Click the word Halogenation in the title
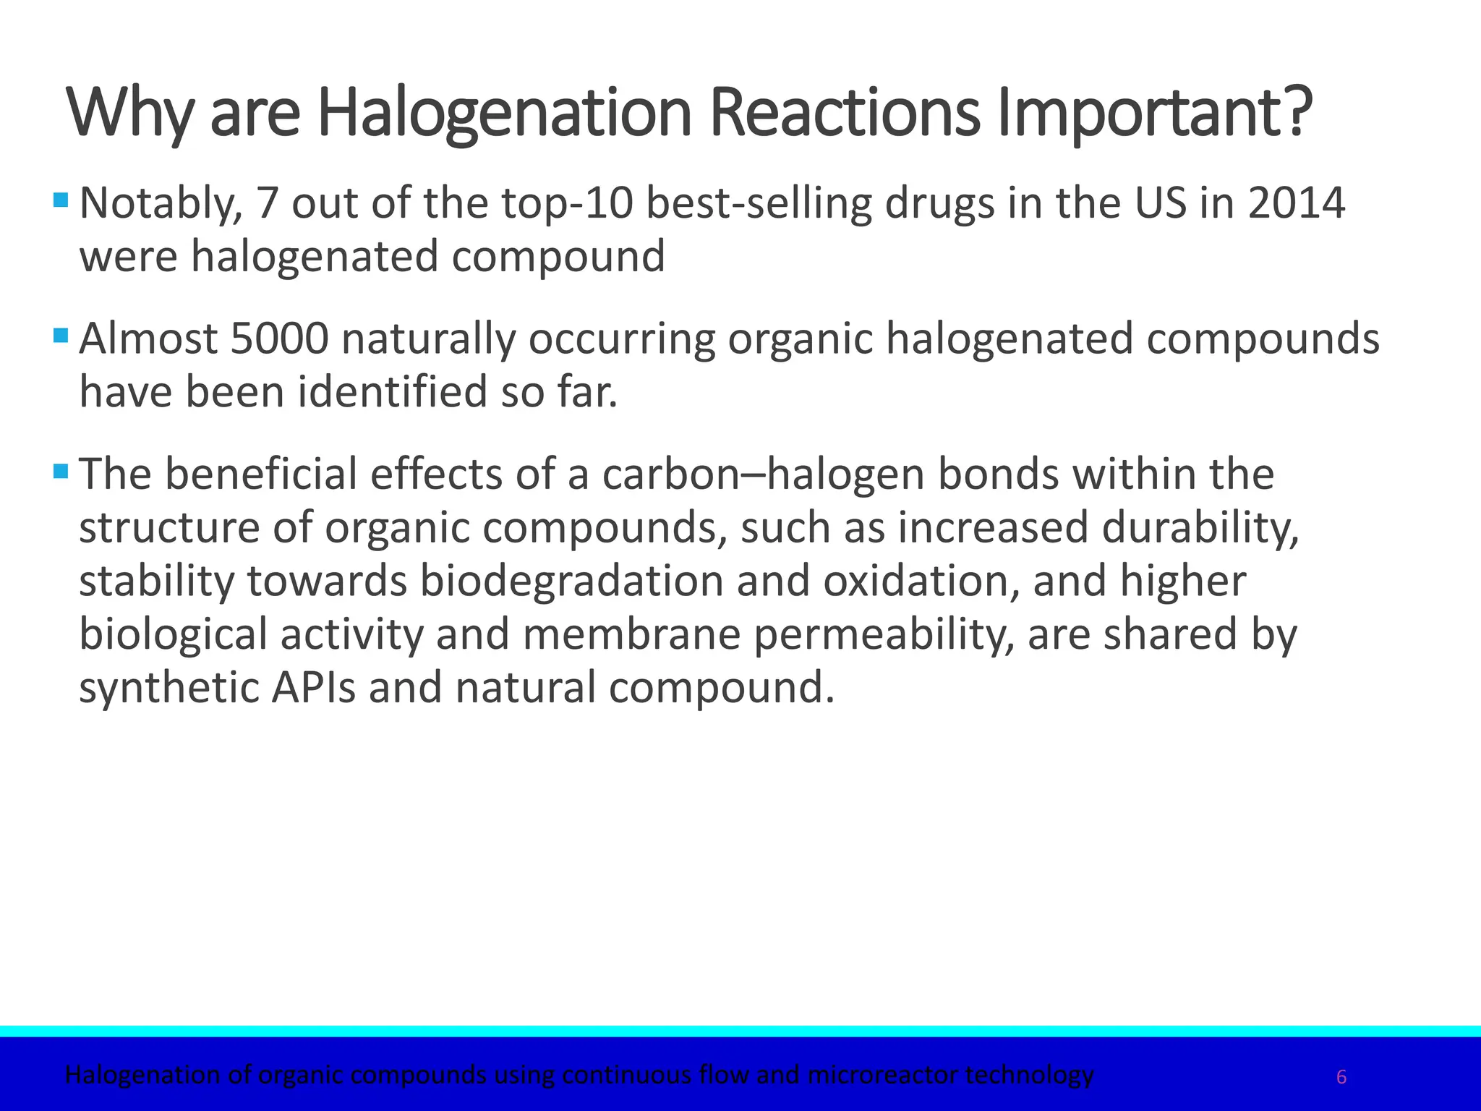pos(505,114)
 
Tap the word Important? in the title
pos(1155,114)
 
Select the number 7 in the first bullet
pos(267,203)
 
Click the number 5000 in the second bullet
pos(280,339)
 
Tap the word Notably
pos(160,203)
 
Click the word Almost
pos(148,339)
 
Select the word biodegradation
pos(571,581)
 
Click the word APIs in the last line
pos(313,687)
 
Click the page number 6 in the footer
pos(1341,1078)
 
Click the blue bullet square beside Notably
pos(61,199)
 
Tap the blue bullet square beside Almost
pos(61,335)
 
